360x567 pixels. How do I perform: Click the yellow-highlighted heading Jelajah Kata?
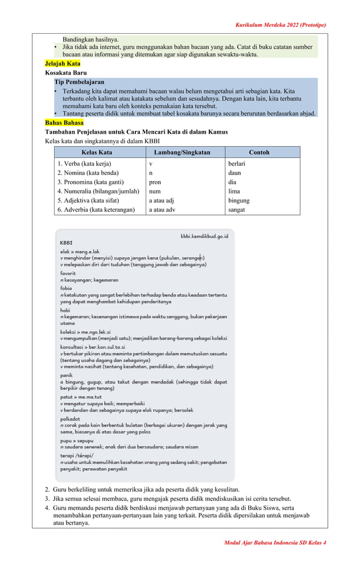(63, 64)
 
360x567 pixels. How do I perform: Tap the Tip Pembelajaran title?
(79, 82)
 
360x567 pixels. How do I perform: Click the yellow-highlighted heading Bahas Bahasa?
(64, 122)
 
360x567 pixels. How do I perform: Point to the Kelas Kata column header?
(97, 152)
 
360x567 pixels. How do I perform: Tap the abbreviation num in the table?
(154, 191)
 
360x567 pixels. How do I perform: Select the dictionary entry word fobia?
(67, 288)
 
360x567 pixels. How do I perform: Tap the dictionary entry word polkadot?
(71, 419)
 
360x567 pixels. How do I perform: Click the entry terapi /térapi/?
(77, 455)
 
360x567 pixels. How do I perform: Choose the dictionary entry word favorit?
(68, 273)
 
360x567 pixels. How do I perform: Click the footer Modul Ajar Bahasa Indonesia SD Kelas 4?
(275, 543)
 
